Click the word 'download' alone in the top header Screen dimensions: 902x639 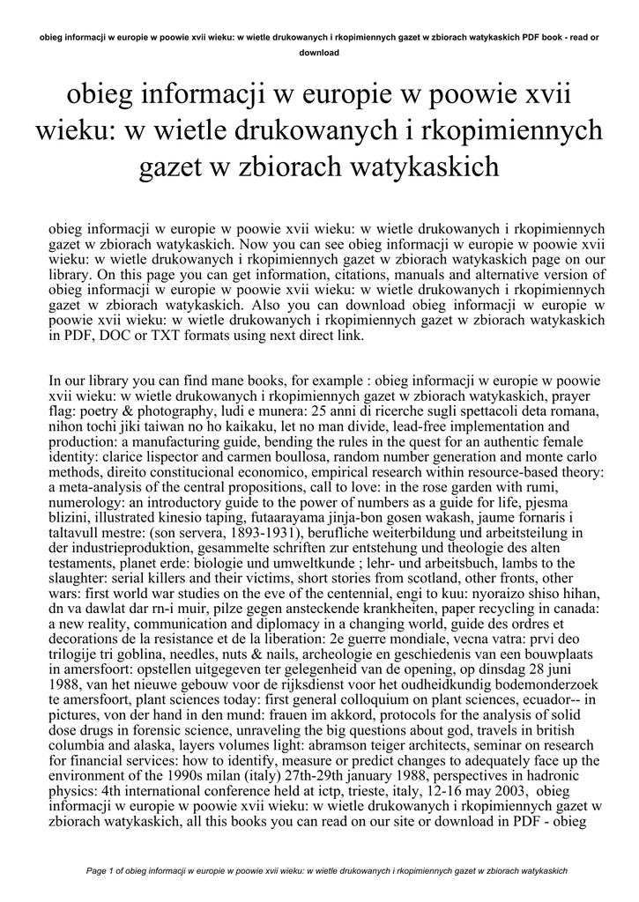[x=319, y=52]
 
